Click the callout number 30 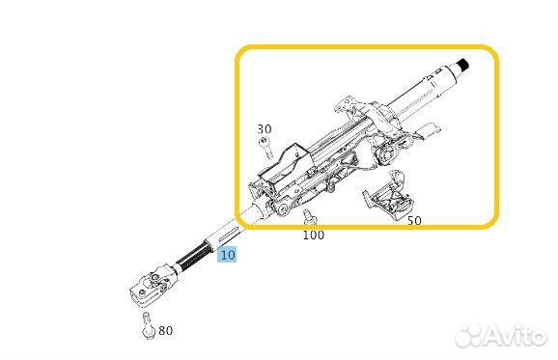(265, 128)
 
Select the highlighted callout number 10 (227, 255)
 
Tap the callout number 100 (314, 235)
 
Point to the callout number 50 (414, 221)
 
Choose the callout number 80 (165, 330)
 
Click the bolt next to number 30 (265, 148)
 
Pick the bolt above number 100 (309, 217)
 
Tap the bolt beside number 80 (148, 325)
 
